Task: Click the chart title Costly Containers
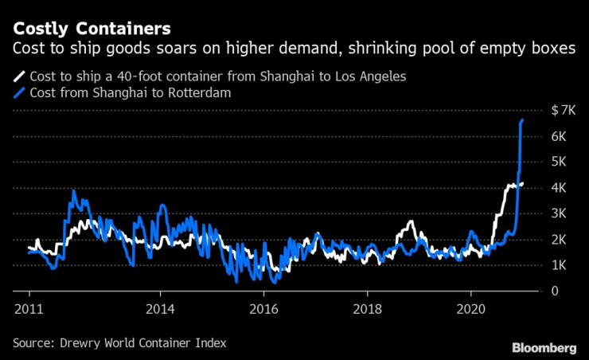[x=91, y=29]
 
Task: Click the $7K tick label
[x=564, y=110]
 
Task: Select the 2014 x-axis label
[x=160, y=307]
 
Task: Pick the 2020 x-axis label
[x=470, y=307]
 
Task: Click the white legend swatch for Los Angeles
[x=18, y=77]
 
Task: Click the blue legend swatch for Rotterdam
[x=18, y=93]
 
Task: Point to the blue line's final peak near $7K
[x=522, y=119]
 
